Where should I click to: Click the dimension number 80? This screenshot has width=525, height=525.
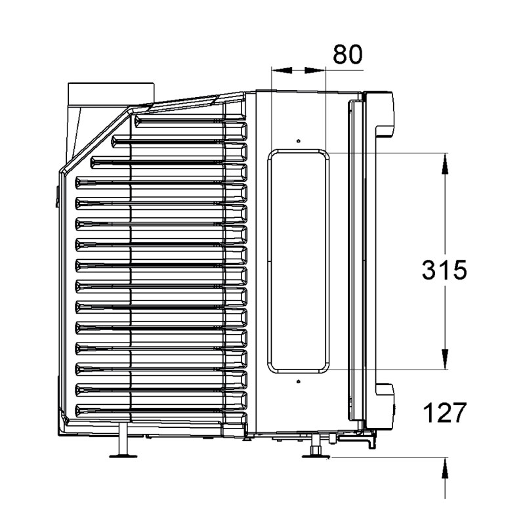click(x=348, y=54)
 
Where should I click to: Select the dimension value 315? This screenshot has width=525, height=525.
click(x=444, y=270)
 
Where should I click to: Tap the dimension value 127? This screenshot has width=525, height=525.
click(x=445, y=413)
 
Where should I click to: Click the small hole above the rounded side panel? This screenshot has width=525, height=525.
click(x=299, y=141)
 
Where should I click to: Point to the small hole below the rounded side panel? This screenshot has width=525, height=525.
click(x=299, y=381)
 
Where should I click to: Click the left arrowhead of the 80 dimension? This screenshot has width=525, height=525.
click(x=282, y=70)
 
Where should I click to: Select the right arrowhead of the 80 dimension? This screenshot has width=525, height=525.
click(x=315, y=70)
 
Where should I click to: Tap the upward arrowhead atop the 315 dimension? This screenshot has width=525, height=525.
click(x=445, y=163)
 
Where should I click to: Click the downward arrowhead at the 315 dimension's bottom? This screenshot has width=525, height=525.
click(x=445, y=359)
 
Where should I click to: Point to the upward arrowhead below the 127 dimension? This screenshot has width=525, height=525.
click(x=445, y=468)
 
